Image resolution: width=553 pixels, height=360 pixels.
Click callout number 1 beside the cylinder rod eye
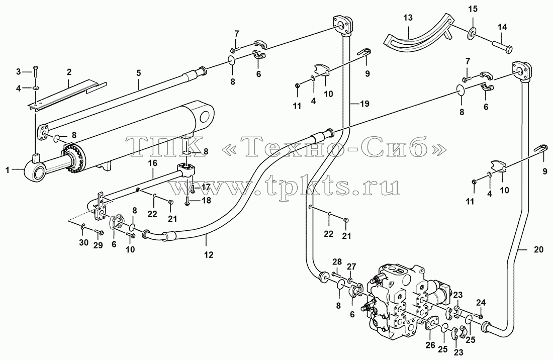pyautogui.click(x=7, y=170)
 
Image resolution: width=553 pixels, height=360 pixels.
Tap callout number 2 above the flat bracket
pyautogui.click(x=69, y=72)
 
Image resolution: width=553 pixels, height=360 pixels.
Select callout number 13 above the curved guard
pyautogui.click(x=408, y=18)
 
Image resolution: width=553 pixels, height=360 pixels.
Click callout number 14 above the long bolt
pyautogui.click(x=502, y=27)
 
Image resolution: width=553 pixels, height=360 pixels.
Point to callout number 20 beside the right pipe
pyautogui.click(x=538, y=249)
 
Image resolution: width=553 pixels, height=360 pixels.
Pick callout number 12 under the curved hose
pyautogui.click(x=209, y=254)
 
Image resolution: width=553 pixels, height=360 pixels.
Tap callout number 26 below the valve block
pyautogui.click(x=430, y=345)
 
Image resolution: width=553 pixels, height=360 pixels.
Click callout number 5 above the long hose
pyautogui.click(x=139, y=73)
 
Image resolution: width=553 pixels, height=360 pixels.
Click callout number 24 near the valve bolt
pyautogui.click(x=481, y=302)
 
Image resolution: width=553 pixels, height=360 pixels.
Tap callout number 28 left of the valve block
pyautogui.click(x=337, y=261)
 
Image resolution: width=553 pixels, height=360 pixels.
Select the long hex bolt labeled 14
pyautogui.click(x=502, y=45)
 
